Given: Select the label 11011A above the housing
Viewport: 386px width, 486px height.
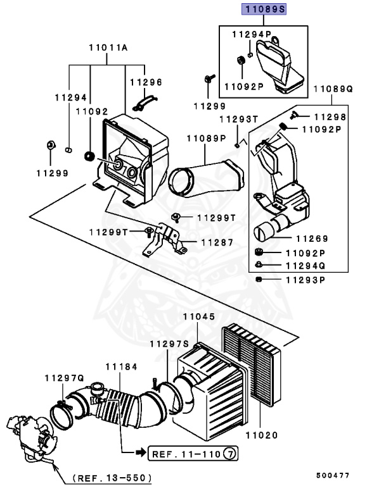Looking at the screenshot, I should pyautogui.click(x=108, y=47).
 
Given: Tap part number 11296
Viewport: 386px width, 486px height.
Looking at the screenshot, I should pyautogui.click(x=146, y=82).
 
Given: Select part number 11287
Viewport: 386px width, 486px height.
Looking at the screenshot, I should pyautogui.click(x=217, y=242).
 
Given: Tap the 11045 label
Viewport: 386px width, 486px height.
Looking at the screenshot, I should pyautogui.click(x=199, y=316).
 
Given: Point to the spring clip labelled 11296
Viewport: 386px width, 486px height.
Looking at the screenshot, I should pyautogui.click(x=146, y=99).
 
